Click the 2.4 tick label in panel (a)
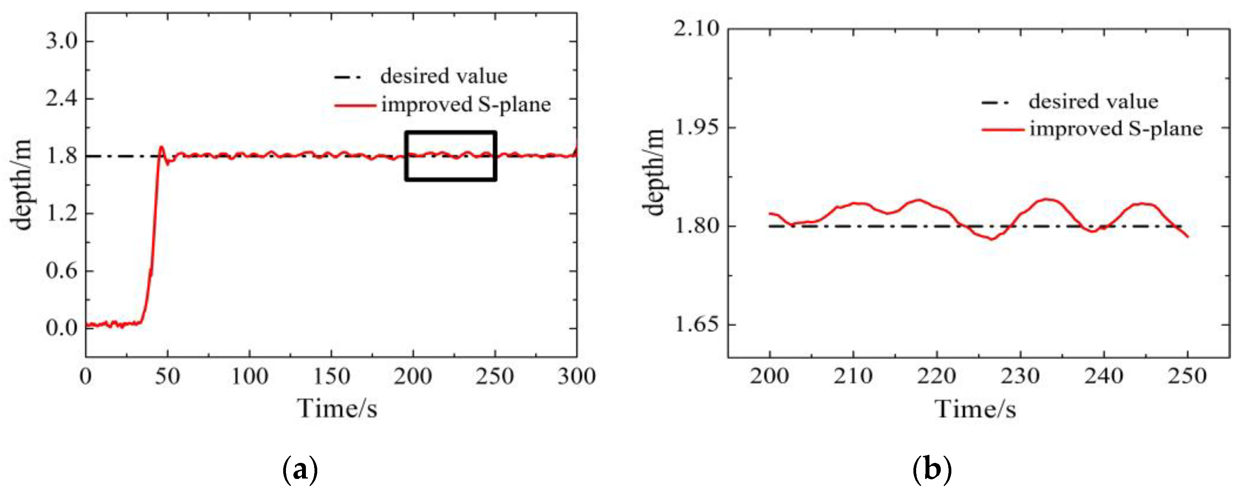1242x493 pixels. tap(61, 99)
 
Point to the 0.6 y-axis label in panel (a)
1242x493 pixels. tap(61, 271)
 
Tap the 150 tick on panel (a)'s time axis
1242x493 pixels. tap(331, 376)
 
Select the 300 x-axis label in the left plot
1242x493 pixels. tap(576, 376)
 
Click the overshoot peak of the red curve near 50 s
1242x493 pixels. tap(161, 147)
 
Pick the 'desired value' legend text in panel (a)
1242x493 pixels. tap(444, 76)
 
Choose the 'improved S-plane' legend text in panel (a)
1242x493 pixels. tap(466, 104)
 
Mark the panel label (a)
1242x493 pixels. tap(300, 469)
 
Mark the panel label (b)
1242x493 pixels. tap(932, 469)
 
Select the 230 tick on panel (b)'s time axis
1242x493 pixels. tap(1020, 376)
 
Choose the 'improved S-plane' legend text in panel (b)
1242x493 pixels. tap(1116, 129)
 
